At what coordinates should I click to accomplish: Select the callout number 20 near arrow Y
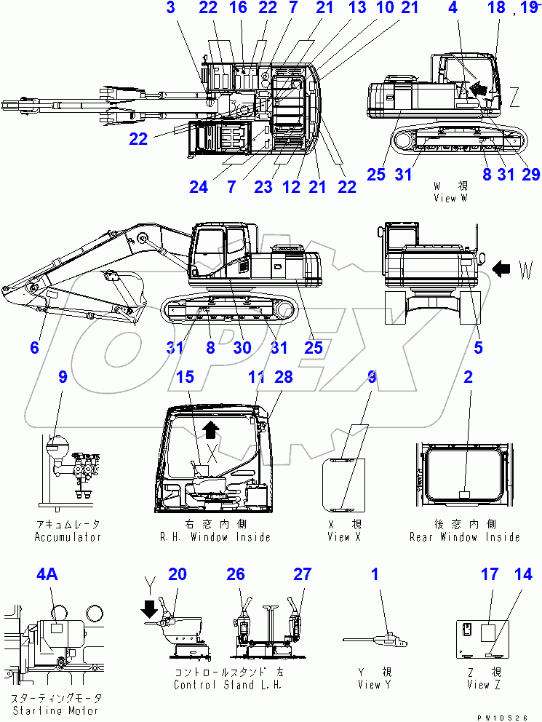(x=178, y=575)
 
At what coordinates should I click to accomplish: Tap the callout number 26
(x=235, y=575)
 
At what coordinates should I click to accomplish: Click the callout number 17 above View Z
(x=489, y=575)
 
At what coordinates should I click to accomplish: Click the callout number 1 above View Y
(x=375, y=575)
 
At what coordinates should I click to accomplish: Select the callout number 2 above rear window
(x=468, y=376)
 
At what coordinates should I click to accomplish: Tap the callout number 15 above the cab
(x=185, y=376)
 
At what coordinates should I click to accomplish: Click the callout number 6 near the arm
(x=34, y=348)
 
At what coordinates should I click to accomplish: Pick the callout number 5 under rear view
(x=478, y=348)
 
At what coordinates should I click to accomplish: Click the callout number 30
(x=242, y=348)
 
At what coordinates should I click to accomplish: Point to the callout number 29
(x=531, y=175)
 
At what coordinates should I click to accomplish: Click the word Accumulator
(x=68, y=537)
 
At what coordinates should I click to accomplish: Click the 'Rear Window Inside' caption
(x=465, y=537)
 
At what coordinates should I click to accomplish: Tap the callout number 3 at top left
(x=170, y=8)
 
